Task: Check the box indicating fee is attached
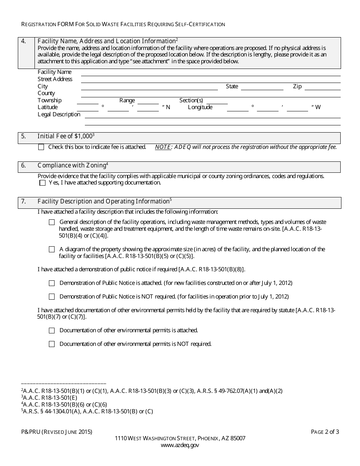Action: tap(41, 147)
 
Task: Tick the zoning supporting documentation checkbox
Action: tap(42, 183)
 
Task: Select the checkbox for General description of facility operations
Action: tap(52, 222)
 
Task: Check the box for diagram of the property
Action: tap(52, 250)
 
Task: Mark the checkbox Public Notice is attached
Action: tap(52, 283)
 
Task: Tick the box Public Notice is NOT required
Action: tap(52, 297)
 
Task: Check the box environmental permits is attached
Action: tap(52, 331)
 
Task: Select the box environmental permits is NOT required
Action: tap(52, 344)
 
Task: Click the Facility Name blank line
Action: tap(210, 73)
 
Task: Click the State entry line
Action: tap(262, 87)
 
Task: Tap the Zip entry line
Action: tap(322, 87)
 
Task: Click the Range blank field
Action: tap(148, 101)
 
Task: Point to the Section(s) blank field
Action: tap(217, 101)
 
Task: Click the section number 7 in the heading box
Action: tap(23, 202)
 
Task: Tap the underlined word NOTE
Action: tap(163, 147)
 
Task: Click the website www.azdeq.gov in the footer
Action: tap(180, 446)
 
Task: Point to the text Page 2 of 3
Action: tap(325, 432)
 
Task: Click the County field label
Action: tap(46, 93)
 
